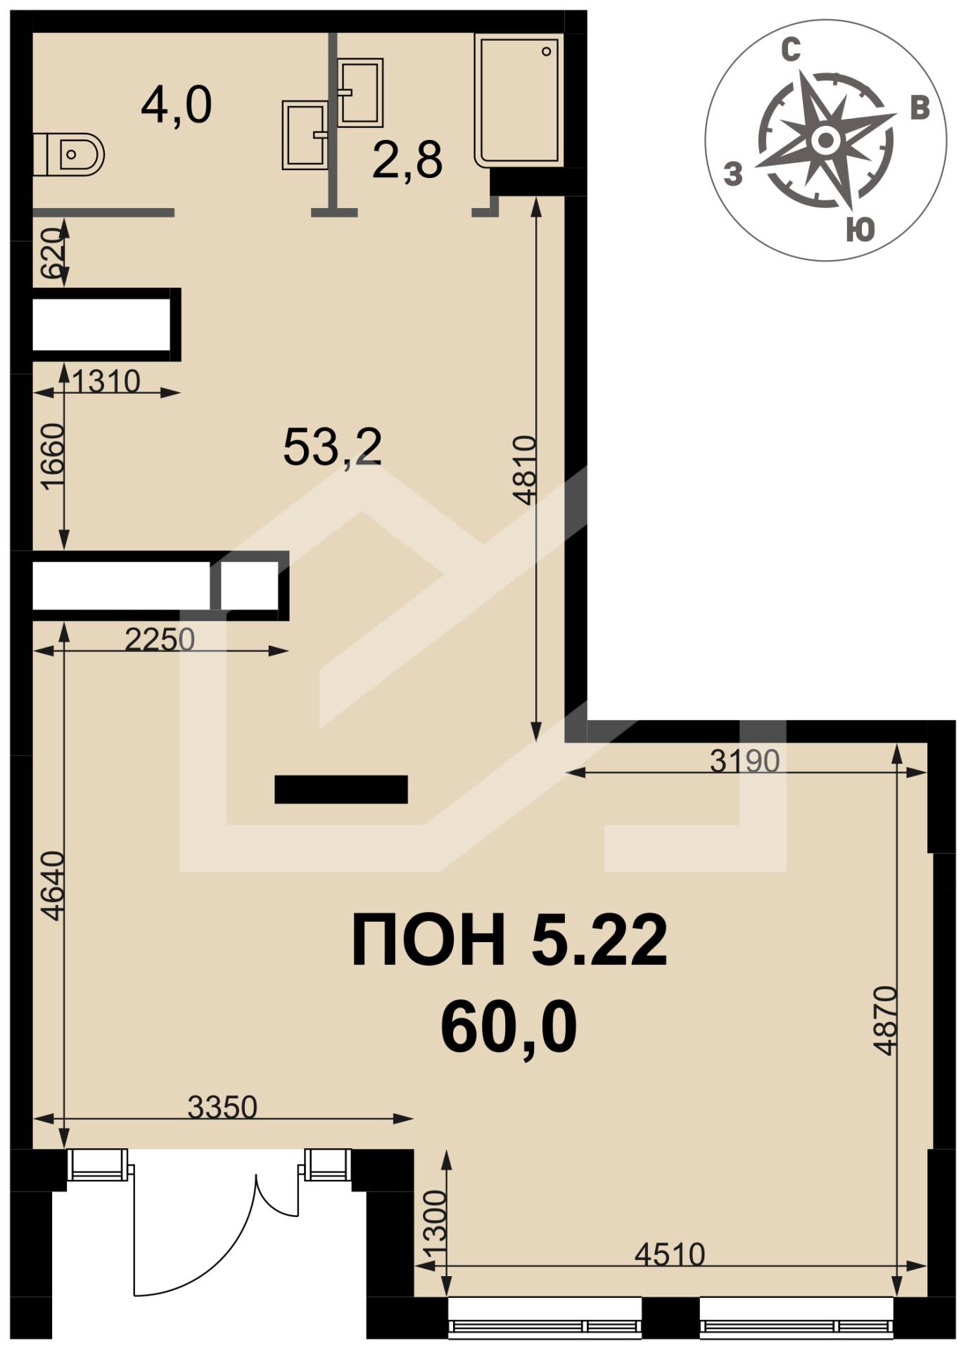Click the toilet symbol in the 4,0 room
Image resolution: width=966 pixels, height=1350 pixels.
pyautogui.click(x=68, y=154)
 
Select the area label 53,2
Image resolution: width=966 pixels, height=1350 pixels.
pyautogui.click(x=332, y=447)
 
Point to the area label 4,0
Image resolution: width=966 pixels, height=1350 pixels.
pyautogui.click(x=177, y=105)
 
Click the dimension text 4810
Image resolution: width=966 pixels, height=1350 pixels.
pyautogui.click(x=525, y=470)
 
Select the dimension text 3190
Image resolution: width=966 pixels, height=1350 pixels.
pyautogui.click(x=745, y=761)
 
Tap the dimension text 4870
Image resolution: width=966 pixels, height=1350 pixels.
pyautogui.click(x=885, y=1021)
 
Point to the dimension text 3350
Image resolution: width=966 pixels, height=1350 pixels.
pyautogui.click(x=222, y=1107)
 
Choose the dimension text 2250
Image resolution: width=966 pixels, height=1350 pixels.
pyautogui.click(x=159, y=640)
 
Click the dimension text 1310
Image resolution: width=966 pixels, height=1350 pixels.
pyautogui.click(x=106, y=382)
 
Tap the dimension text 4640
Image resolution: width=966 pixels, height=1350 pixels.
pyautogui.click(x=53, y=886)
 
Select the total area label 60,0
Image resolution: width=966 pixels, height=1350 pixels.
pyautogui.click(x=509, y=1027)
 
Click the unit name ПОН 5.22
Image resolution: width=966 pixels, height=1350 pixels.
pyautogui.click(x=509, y=939)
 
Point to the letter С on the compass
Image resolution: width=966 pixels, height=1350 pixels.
pyautogui.click(x=792, y=51)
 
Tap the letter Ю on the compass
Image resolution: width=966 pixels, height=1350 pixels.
pyautogui.click(x=860, y=229)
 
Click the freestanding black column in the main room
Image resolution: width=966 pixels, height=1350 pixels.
pyautogui.click(x=341, y=789)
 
